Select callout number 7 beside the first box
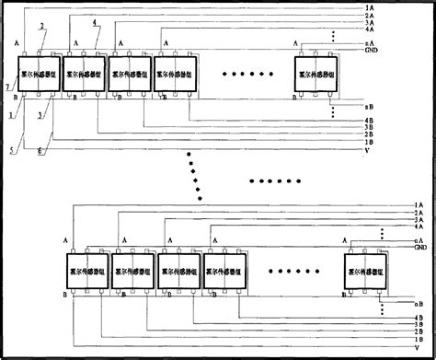click(8, 85)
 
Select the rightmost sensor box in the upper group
click(313, 74)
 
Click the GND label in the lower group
click(420, 248)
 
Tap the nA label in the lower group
click(419, 239)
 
